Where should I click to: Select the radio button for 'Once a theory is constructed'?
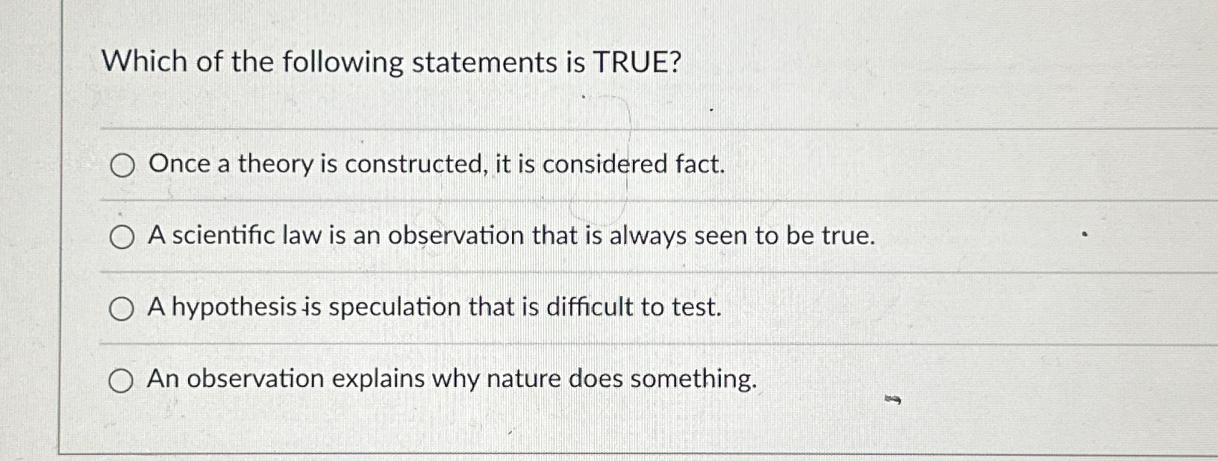122,166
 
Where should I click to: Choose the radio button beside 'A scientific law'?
122,237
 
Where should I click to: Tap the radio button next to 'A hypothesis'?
122,309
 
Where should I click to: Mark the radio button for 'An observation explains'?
121,381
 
